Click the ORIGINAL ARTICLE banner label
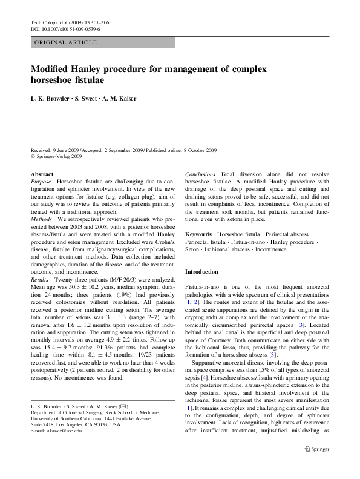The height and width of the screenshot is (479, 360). (x=65, y=42)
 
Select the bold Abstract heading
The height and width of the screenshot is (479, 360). (x=42, y=174)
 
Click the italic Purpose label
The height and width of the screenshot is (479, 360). (x=41, y=182)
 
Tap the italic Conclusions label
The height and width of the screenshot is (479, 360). (x=200, y=174)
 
